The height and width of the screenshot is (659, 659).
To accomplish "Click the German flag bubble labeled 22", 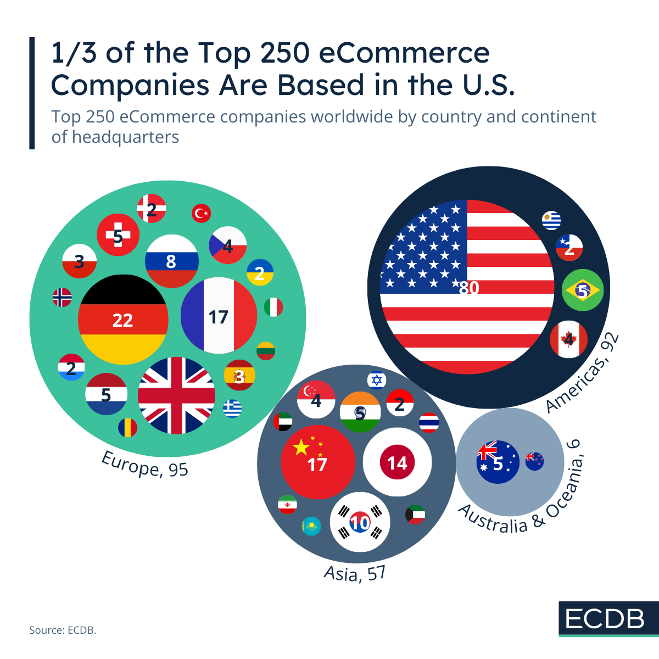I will click(x=122, y=320).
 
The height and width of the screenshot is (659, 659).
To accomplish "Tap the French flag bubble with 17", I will click(x=219, y=316).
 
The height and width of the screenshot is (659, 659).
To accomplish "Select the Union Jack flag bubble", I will click(x=176, y=395).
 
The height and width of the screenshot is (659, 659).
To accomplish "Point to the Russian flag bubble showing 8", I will click(x=171, y=261).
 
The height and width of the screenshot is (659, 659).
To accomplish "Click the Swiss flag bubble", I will click(x=118, y=235).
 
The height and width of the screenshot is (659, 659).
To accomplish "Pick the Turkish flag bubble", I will click(x=202, y=213).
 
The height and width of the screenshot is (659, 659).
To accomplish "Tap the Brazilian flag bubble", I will click(x=583, y=290).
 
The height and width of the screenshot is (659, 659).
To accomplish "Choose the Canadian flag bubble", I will click(x=569, y=339).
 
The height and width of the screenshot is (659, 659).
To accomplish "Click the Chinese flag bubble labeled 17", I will click(x=317, y=462).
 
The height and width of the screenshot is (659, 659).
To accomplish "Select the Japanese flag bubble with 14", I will click(x=397, y=462).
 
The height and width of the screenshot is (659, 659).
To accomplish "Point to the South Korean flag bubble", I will click(x=360, y=522).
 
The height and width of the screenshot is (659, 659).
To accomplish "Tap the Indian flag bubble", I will click(x=360, y=412).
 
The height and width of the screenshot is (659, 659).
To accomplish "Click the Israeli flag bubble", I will click(x=377, y=380).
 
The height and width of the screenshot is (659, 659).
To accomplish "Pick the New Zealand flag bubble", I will click(x=534, y=461).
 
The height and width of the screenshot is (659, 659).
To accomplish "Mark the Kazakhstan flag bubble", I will click(x=311, y=527).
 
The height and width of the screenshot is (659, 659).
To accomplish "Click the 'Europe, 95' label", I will click(x=145, y=465).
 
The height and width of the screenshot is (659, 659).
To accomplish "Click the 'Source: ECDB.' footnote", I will click(x=63, y=630).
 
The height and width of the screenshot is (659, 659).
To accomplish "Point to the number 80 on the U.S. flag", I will click(x=469, y=288).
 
